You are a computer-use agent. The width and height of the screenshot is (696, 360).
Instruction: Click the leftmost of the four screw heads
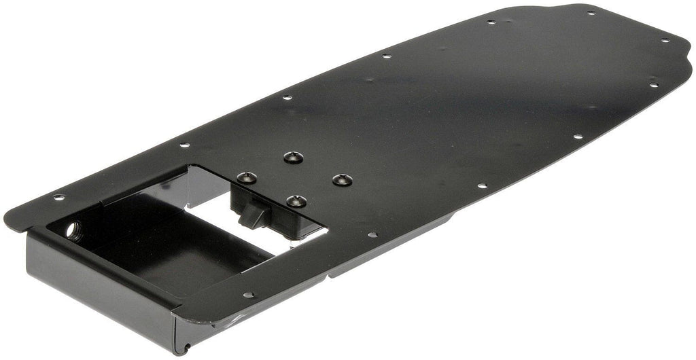247,178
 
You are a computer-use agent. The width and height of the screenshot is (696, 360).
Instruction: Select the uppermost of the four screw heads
292,158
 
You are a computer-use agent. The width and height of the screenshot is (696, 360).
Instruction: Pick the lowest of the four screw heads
296,201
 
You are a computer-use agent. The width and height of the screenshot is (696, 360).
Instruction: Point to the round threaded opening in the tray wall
73,230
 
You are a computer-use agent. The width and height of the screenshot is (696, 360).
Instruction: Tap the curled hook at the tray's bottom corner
185,348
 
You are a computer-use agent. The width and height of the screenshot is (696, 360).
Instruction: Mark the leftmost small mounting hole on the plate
58,198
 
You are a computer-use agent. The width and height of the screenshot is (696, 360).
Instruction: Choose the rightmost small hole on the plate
665,41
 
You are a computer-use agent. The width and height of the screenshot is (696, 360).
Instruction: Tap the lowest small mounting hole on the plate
249,295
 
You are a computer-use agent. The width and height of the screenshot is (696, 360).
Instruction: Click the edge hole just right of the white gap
372,235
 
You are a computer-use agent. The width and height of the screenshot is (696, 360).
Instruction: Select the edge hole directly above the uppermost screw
287,97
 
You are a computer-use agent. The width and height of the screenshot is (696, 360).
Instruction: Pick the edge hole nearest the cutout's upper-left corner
184,145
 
